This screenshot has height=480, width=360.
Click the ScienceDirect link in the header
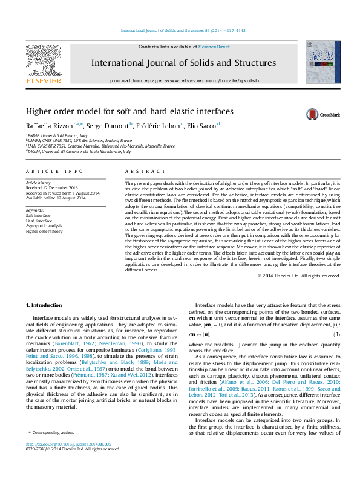(x=214, y=47)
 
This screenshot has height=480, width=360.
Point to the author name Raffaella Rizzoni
(x=53, y=125)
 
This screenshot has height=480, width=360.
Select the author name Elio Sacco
(x=202, y=125)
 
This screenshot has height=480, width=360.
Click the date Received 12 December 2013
(x=52, y=188)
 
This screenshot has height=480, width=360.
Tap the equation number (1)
(x=336, y=334)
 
